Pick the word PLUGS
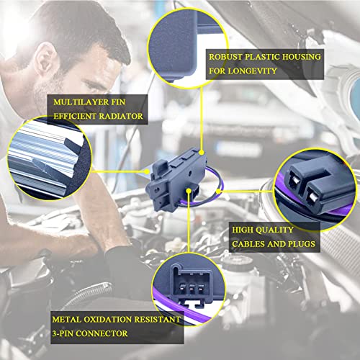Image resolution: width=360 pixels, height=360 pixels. coord(302,244)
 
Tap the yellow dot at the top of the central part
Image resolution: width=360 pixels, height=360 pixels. coord(202,152)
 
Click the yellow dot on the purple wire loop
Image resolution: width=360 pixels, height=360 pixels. coord(218,192)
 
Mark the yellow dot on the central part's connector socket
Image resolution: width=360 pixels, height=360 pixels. coord(189,191)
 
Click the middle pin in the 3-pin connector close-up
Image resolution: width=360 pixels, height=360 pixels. coord(192,289)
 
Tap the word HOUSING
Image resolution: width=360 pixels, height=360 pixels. coord(301,57)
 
